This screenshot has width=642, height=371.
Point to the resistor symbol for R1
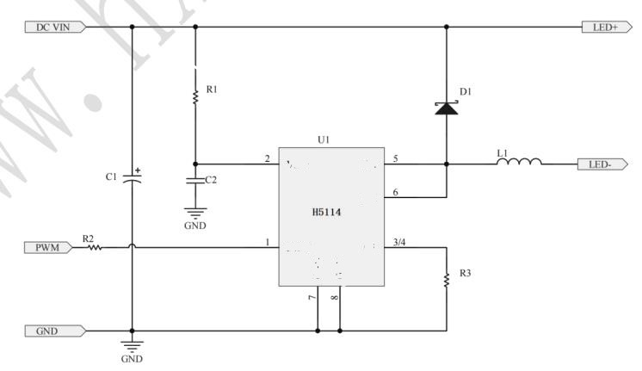(x=195, y=95)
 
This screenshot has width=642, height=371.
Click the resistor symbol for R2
(x=94, y=248)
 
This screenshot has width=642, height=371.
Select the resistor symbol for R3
(x=447, y=280)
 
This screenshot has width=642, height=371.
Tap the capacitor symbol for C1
(x=132, y=179)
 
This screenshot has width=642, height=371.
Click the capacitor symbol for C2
(x=195, y=180)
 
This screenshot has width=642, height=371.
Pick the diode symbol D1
(x=446, y=108)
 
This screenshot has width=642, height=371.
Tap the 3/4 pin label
(x=399, y=242)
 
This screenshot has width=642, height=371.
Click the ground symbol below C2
(x=195, y=213)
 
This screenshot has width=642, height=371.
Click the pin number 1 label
(x=267, y=242)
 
